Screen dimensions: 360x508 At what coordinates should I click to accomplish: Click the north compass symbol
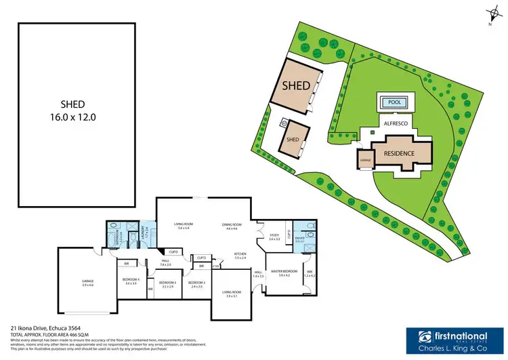coord(488,15)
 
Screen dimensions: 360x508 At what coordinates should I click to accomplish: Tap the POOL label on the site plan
coord(393,103)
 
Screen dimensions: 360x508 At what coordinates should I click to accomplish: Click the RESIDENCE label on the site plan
coord(399,153)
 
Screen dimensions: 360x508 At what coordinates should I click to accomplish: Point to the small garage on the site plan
coord(366,161)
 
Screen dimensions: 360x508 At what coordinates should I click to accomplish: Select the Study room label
coord(274,237)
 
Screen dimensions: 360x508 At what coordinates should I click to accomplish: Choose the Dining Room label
coord(232,226)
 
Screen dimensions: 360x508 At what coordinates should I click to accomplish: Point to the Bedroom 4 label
coord(130,281)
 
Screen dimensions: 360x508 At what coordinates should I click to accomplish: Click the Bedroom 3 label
coord(167,284)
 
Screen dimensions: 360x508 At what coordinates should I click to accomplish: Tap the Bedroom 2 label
coord(196,283)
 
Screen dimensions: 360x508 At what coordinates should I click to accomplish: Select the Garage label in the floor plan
coord(88,283)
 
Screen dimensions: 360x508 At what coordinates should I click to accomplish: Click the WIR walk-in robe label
coord(310,275)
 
